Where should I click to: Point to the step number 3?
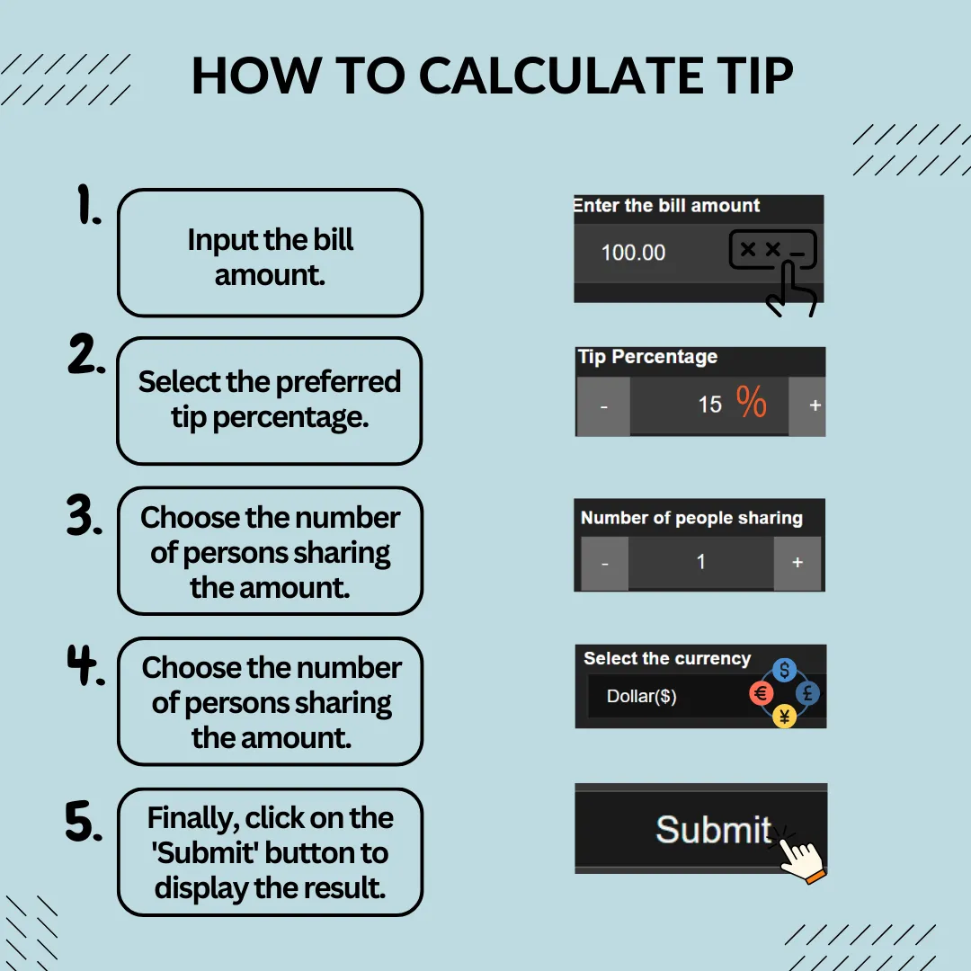pyautogui.click(x=85, y=514)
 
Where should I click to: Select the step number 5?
pyautogui.click(x=84, y=821)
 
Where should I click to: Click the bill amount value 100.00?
pyautogui.click(x=633, y=253)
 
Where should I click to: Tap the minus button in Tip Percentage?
pyautogui.click(x=604, y=406)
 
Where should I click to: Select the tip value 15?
pyautogui.click(x=709, y=405)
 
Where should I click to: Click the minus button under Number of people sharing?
pyautogui.click(x=604, y=563)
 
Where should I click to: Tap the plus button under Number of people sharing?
pyautogui.click(x=797, y=562)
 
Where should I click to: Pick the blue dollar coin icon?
pyautogui.click(x=785, y=670)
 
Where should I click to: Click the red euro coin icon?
pyautogui.click(x=762, y=693)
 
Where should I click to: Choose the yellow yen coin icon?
pyautogui.click(x=785, y=717)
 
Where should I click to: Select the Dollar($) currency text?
pyautogui.click(x=642, y=697)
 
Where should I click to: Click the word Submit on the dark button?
pyautogui.click(x=713, y=829)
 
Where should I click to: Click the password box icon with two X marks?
pyautogui.click(x=773, y=250)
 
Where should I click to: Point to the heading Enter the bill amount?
pyautogui.click(x=666, y=206)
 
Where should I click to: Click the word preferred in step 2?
pyautogui.click(x=338, y=383)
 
